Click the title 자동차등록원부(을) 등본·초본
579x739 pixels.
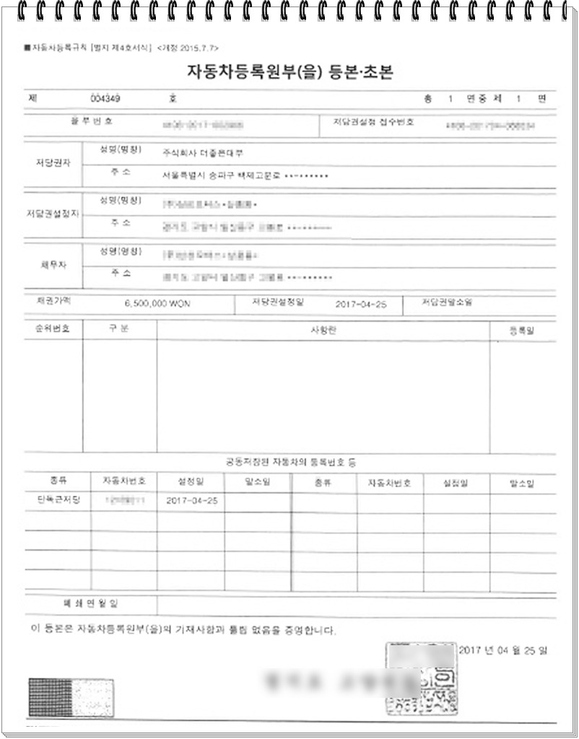click(x=289, y=72)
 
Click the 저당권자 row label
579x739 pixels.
click(x=48, y=163)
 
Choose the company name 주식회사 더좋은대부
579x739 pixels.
click(x=204, y=153)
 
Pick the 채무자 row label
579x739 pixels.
click(x=48, y=265)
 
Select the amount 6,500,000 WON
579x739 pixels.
click(x=157, y=305)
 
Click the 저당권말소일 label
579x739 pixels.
click(x=448, y=303)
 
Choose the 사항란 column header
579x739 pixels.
click(x=323, y=330)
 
